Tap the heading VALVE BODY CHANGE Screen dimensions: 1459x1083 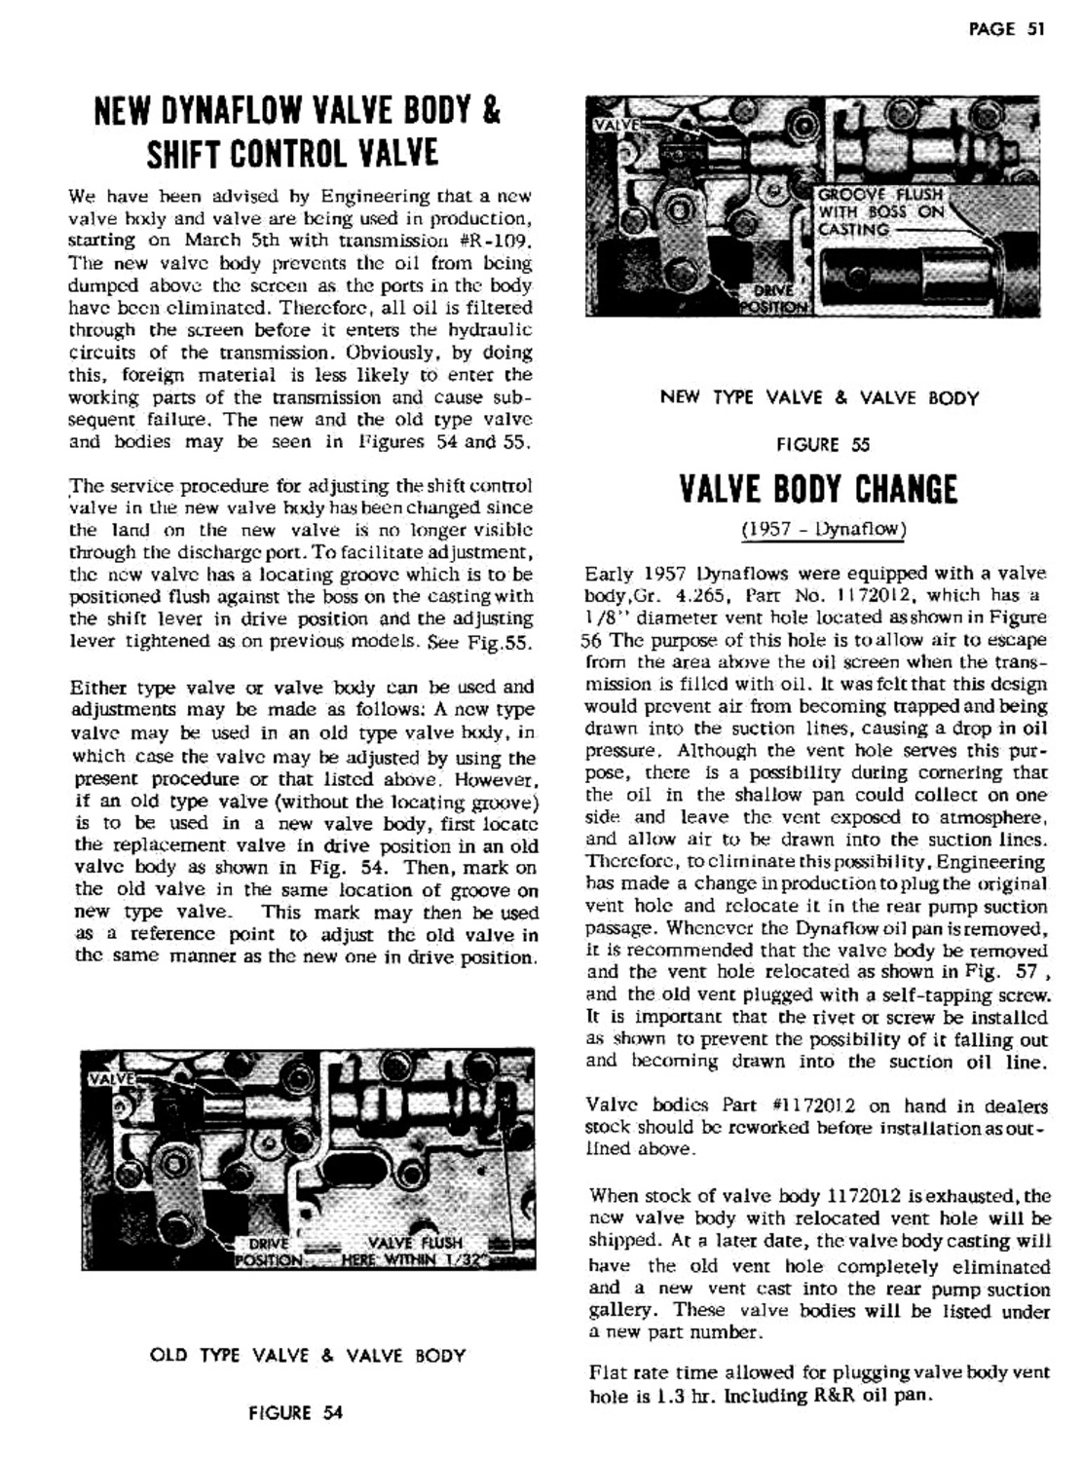point(817,488)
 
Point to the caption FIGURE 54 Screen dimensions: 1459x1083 point(295,1412)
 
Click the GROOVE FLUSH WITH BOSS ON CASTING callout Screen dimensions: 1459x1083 point(880,211)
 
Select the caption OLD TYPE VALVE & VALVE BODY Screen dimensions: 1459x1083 point(308,1355)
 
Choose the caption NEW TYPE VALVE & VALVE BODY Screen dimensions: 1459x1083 point(819,397)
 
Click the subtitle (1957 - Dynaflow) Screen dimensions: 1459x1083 point(823,530)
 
